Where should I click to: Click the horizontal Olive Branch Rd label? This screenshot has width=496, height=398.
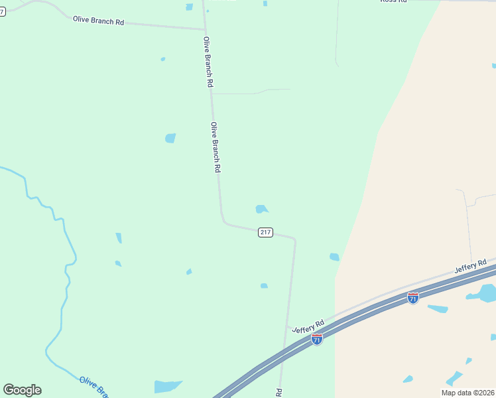coord(99,21)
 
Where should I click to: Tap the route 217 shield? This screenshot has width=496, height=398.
coord(265,232)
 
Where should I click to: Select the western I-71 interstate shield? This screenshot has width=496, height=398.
coord(317,339)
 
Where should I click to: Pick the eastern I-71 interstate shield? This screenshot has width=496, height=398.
coord(412,298)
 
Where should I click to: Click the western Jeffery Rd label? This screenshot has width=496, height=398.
coord(308,326)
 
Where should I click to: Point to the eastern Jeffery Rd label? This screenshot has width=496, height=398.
coord(471,267)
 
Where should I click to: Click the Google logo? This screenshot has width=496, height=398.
coord(22,390)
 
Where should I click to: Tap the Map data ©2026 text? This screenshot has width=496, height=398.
coord(467,393)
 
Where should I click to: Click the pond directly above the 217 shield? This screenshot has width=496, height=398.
coord(261,209)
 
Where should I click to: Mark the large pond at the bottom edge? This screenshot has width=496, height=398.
coord(166,386)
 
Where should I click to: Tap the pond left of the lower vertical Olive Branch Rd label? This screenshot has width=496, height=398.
coord(170,138)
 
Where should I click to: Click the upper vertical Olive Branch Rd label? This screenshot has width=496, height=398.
coord(208,62)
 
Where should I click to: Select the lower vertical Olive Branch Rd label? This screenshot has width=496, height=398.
coord(215,147)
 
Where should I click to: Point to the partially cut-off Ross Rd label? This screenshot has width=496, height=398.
coord(393,2)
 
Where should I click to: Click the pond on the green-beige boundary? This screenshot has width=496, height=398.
coord(334,257)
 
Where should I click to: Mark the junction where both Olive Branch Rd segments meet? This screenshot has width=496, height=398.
coord(204,29)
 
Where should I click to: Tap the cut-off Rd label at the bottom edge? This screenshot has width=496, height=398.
coord(279,393)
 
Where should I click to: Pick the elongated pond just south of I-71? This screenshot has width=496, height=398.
coord(438,308)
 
